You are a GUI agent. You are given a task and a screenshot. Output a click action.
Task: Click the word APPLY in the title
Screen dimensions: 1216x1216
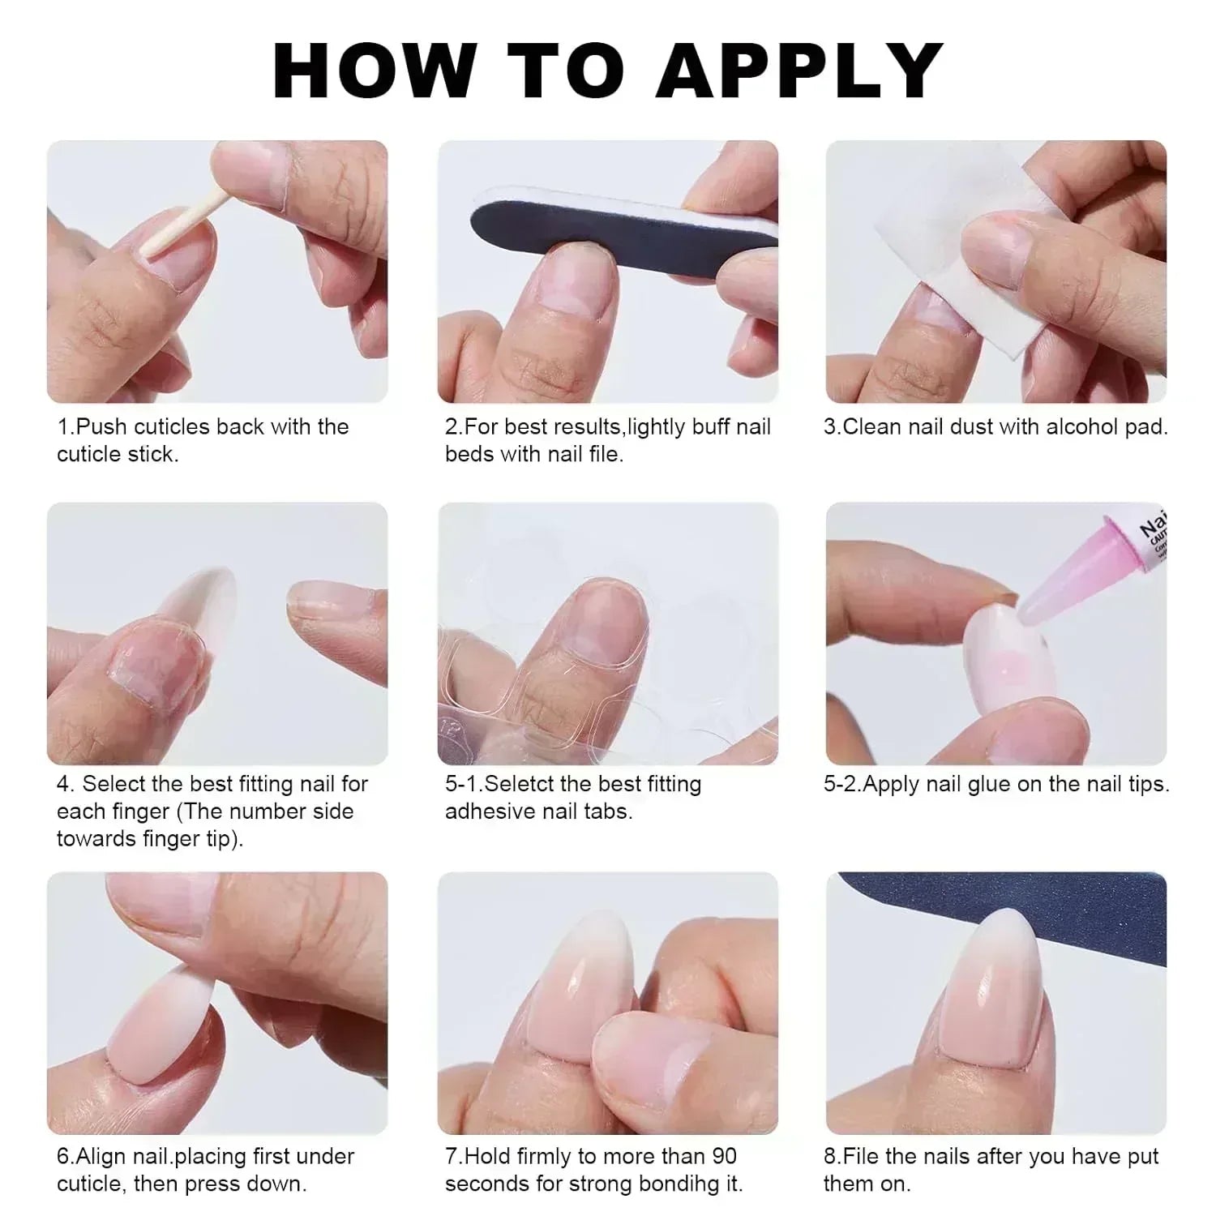pos(799,71)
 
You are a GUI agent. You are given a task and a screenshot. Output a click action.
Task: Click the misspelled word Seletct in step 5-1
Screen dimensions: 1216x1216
pos(519,784)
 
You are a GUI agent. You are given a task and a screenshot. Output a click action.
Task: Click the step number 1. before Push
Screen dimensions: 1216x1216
pos(65,426)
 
